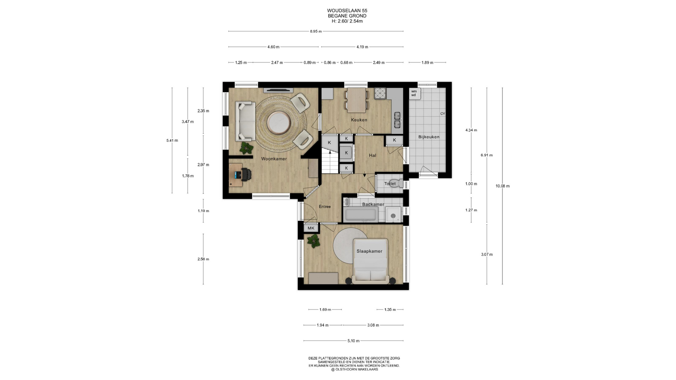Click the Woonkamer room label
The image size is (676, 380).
coord(274,159)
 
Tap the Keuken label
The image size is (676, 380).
coord(359,120)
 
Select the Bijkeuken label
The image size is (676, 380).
coord(429,137)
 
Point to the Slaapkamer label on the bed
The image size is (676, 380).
coord(369,251)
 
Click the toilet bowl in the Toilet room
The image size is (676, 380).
coord(396,184)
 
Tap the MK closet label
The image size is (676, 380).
coord(311,228)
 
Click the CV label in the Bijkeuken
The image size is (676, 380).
coord(443,114)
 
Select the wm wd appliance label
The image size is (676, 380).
coord(414,93)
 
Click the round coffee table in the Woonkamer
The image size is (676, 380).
coord(279,123)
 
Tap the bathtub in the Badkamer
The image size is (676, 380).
coord(361,214)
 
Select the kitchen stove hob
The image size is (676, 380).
coord(380,93)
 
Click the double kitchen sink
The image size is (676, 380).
coord(398,120)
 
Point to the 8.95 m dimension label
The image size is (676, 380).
coord(316,31)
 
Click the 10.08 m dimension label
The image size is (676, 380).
coord(502,186)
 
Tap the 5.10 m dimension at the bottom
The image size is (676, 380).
coord(353,341)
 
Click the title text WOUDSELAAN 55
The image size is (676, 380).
coord(347,11)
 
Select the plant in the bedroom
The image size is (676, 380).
coord(313,241)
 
